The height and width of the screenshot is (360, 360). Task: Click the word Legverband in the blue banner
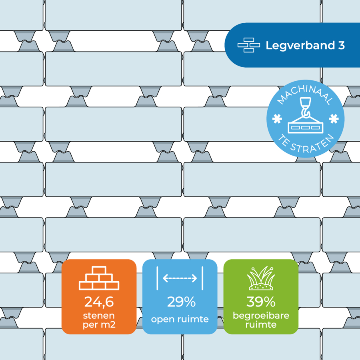300,46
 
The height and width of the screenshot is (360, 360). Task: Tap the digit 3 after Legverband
342,45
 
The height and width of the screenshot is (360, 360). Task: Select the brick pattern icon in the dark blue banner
249,45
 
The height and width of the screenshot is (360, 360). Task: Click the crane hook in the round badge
305,107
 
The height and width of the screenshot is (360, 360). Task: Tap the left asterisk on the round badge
277,119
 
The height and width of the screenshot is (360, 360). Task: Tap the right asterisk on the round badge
334,118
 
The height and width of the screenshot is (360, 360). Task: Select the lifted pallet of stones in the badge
305,125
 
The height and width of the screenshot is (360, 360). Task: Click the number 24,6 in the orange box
99,302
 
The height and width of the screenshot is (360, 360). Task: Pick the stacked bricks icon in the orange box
99,278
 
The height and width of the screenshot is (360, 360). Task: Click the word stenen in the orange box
99,316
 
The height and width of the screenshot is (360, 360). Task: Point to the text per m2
99,325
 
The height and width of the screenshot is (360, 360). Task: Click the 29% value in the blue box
181,302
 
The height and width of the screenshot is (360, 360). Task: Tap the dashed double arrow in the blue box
180,278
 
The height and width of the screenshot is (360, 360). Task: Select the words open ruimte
180,319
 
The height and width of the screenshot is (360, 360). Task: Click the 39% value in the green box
261,302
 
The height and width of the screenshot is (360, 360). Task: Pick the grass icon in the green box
261,278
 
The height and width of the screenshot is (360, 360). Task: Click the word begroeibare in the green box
261,316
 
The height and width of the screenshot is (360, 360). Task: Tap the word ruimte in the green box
261,325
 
